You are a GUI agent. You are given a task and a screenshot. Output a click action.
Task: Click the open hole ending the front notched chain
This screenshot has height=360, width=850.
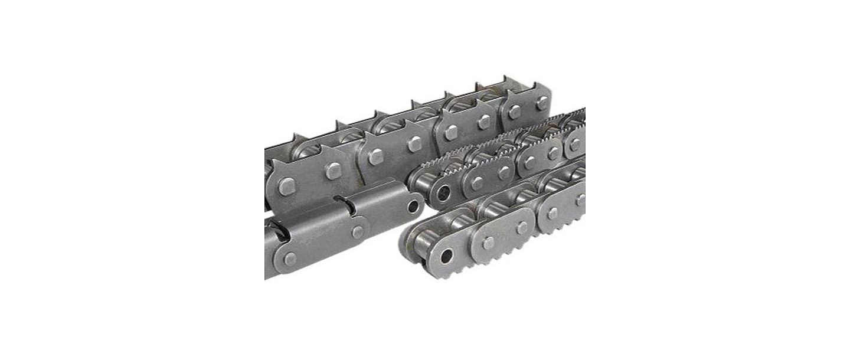[447, 256]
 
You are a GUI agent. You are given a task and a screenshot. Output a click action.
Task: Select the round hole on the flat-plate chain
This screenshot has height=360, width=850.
[412, 206]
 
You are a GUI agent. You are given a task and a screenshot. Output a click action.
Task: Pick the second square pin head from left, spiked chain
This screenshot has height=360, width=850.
[332, 171]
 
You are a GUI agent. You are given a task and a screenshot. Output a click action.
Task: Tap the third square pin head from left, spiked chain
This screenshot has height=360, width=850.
[375, 156]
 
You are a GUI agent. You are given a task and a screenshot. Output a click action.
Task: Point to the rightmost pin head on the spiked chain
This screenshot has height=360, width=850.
[542, 103]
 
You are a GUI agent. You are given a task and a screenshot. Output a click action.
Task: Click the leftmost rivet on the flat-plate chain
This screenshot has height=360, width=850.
[289, 258]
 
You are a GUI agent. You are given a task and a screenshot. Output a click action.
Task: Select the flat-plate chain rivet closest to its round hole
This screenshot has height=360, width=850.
[357, 231]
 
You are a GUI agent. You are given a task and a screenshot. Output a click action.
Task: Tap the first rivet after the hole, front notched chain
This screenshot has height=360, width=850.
[488, 243]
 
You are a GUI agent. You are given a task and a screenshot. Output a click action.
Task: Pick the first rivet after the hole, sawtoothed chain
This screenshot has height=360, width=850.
[477, 184]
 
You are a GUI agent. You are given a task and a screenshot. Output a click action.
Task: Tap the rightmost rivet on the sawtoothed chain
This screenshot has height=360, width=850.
[575, 145]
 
